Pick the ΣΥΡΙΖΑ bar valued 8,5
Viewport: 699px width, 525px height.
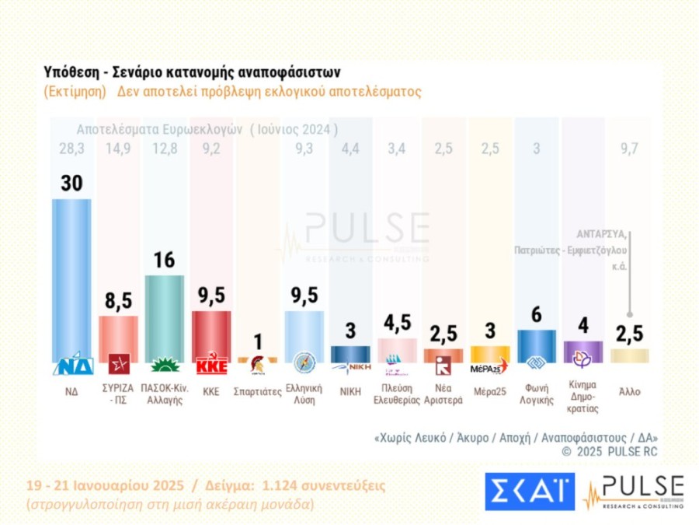118,338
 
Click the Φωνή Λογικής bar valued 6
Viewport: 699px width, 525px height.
537,345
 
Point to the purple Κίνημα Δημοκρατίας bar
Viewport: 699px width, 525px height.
582,351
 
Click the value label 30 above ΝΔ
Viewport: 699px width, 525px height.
71,184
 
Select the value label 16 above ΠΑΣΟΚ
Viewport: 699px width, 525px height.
164,260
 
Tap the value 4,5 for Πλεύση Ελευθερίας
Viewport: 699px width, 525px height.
397,322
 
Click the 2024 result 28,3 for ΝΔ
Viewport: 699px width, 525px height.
71,149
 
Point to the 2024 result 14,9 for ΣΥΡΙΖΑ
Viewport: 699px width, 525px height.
118,149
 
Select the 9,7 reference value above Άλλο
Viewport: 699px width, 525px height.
629,149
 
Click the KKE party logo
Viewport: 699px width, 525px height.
210,365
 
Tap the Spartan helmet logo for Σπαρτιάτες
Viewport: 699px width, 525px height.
257,364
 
